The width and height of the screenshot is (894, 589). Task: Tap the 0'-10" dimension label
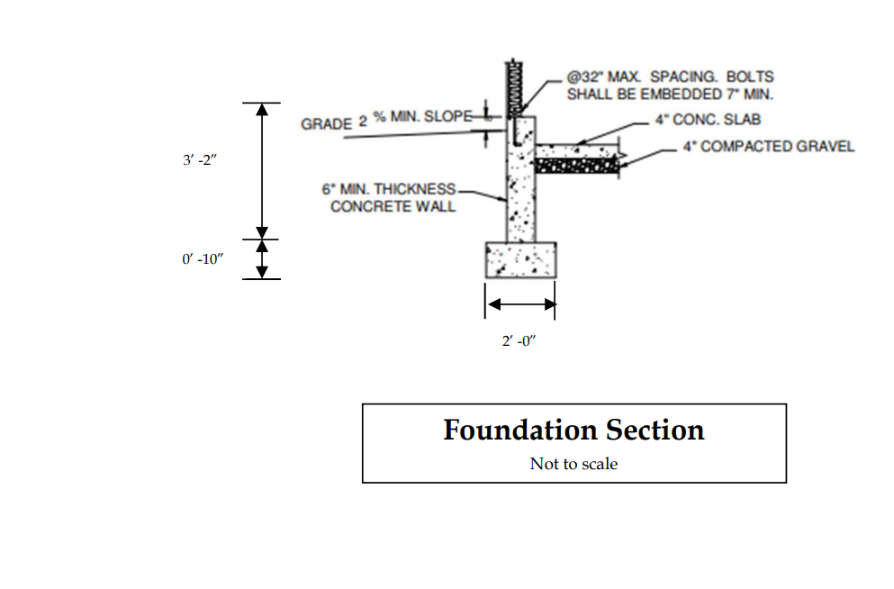point(203,260)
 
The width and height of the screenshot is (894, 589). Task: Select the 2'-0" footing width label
point(519,343)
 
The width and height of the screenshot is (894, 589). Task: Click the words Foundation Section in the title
point(573,430)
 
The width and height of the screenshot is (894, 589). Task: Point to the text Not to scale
point(573,464)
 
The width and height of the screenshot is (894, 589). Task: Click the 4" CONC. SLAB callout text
point(709,120)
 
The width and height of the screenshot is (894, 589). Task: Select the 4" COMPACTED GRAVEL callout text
point(768,146)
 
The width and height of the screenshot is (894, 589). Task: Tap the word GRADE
point(326,124)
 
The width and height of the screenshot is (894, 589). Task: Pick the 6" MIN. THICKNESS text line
point(389,190)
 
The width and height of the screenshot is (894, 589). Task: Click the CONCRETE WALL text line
point(393,206)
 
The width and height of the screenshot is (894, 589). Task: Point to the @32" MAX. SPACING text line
point(669,77)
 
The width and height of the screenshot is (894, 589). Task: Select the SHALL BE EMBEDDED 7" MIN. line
point(670,94)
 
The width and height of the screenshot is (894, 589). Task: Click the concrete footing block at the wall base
point(521,260)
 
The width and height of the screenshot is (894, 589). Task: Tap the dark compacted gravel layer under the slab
point(576,166)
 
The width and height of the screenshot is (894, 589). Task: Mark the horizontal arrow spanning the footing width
point(520,306)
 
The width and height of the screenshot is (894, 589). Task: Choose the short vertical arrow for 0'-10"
point(262,259)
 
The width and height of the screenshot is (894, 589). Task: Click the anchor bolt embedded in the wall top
point(513,133)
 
